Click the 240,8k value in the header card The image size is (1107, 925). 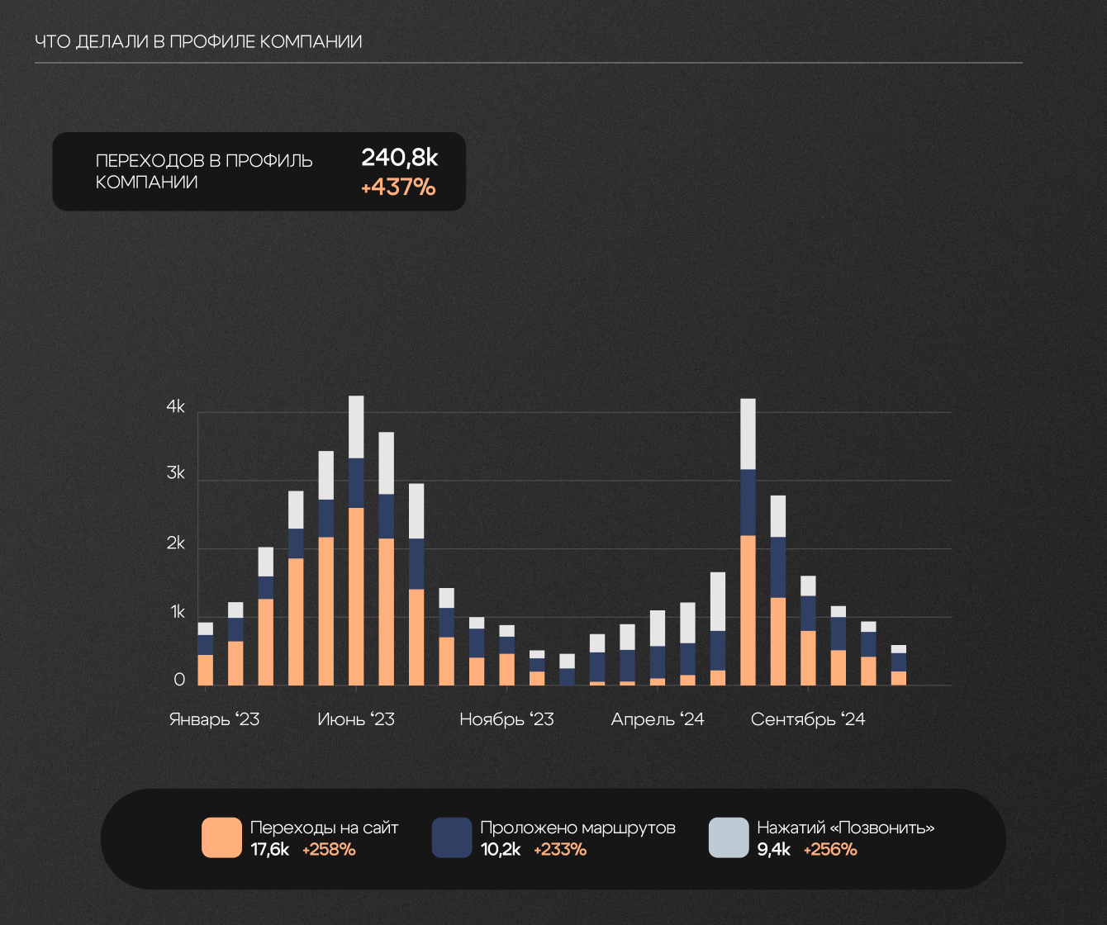pyautogui.click(x=399, y=158)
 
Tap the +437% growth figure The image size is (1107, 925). pyautogui.click(x=398, y=187)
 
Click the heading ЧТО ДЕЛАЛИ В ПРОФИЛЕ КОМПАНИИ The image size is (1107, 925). pyautogui.click(x=198, y=41)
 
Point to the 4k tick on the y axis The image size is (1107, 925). pyautogui.click(x=176, y=407)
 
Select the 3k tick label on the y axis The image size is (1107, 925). pyautogui.click(x=176, y=474)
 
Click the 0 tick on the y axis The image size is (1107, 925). pyautogui.click(x=179, y=680)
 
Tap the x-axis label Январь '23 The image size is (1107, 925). pyautogui.click(x=214, y=719)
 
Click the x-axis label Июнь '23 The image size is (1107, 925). pyautogui.click(x=356, y=719)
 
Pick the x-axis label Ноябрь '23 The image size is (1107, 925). pyautogui.click(x=506, y=719)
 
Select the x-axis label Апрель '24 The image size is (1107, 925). pyautogui.click(x=658, y=719)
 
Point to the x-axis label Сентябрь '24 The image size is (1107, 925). pyautogui.click(x=808, y=719)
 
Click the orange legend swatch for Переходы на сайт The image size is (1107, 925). pyautogui.click(x=221, y=837)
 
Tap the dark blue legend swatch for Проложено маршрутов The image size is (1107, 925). pyautogui.click(x=452, y=837)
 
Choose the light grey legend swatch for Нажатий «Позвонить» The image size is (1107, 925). pyautogui.click(x=729, y=837)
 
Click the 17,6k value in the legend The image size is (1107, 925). pyautogui.click(x=269, y=850)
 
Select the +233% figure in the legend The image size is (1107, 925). pyautogui.click(x=560, y=850)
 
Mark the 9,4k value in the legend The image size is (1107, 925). pyautogui.click(x=774, y=850)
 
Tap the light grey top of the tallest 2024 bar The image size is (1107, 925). pyautogui.click(x=748, y=434)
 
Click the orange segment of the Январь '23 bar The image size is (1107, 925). pyautogui.click(x=206, y=670)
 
